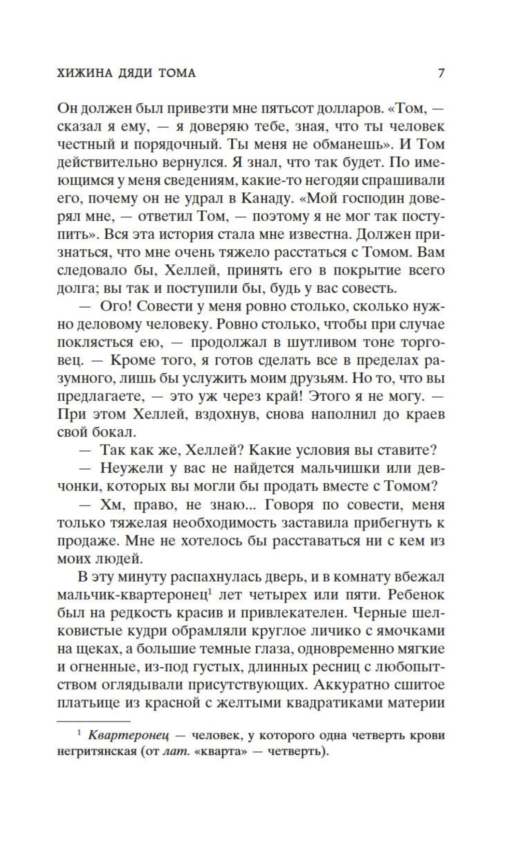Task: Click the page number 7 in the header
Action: pyautogui.click(x=440, y=73)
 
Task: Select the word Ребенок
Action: pyautogui.click(x=417, y=595)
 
